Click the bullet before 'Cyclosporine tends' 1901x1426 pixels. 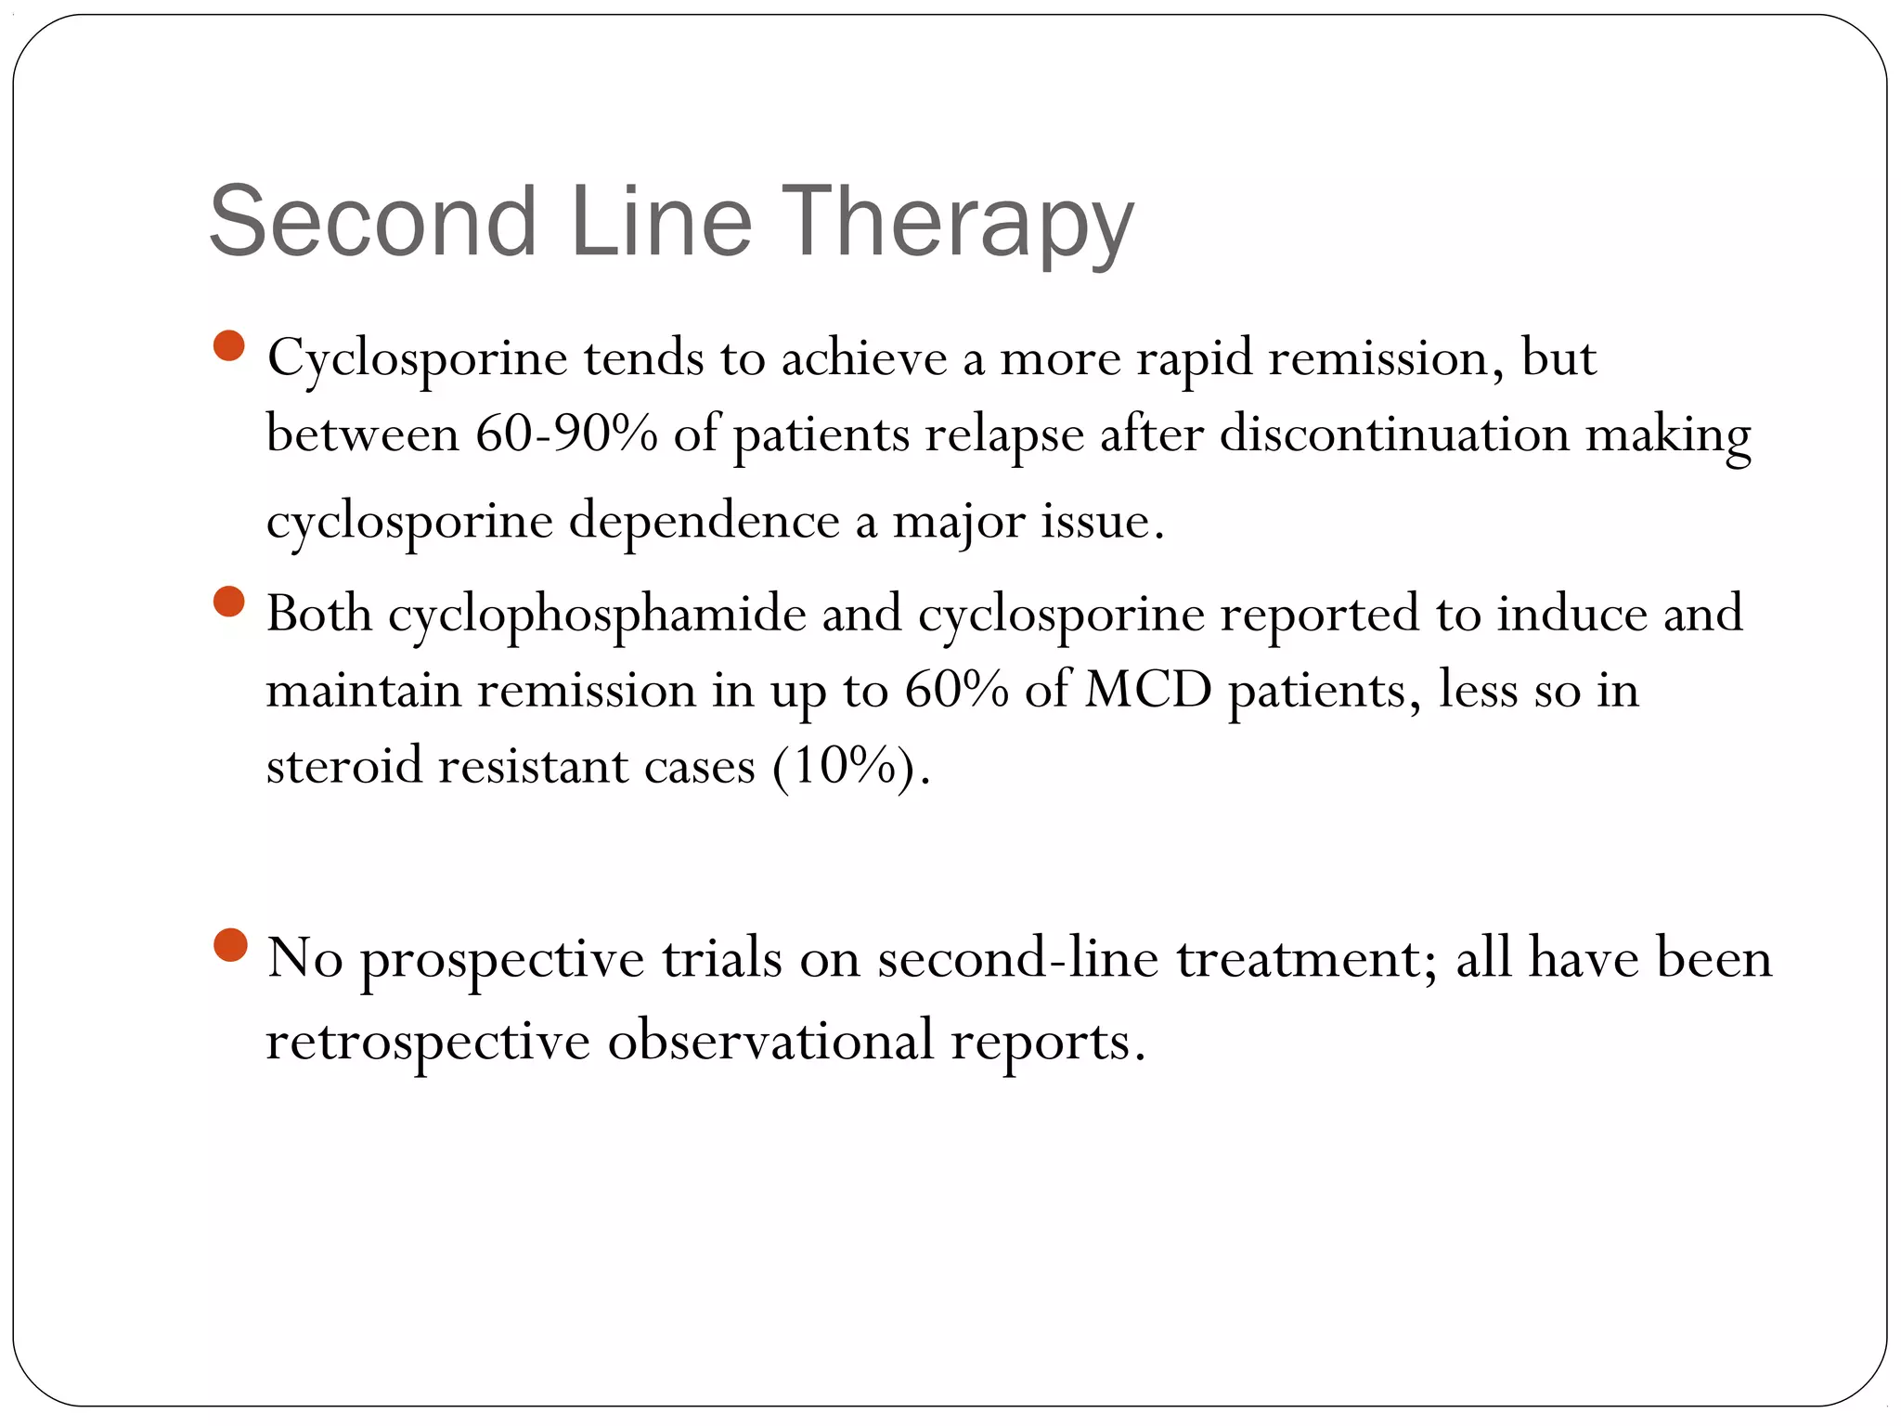[x=228, y=346]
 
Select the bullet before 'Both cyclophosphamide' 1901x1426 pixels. [x=228, y=602]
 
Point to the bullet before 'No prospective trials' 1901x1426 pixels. [x=229, y=945]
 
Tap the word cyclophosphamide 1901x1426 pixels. [x=597, y=614]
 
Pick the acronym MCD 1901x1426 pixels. [x=1148, y=690]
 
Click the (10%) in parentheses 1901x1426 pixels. [x=849, y=767]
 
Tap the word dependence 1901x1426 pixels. [x=704, y=520]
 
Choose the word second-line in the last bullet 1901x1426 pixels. [x=1018, y=958]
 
